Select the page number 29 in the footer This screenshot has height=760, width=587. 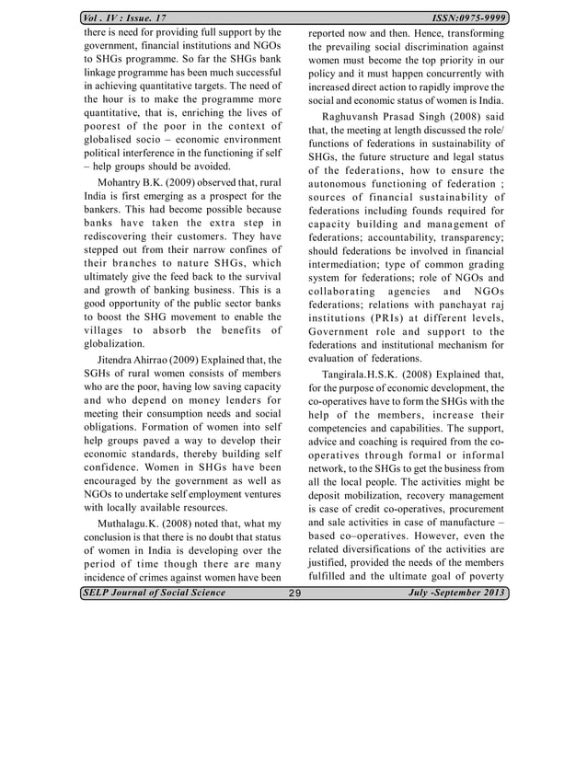(294, 593)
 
